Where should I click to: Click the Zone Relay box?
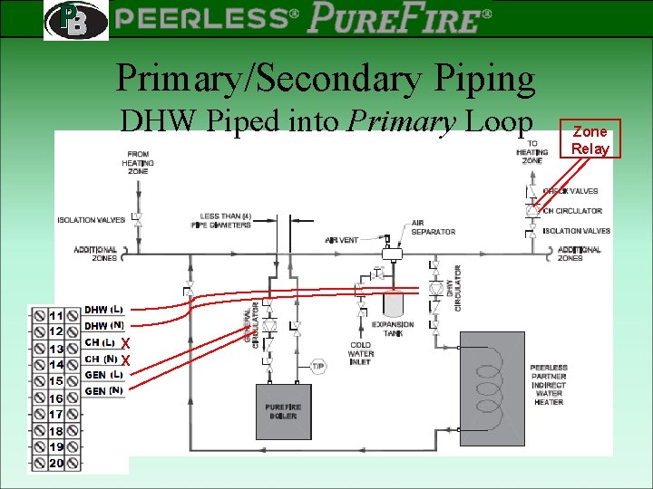590,139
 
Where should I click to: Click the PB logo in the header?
74,19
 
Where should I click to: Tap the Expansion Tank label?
393,329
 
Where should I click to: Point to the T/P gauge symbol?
318,366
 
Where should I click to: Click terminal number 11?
55,315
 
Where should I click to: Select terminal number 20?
55,464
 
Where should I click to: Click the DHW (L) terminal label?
104,310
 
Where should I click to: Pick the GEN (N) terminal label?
104,390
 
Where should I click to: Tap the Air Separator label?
433,227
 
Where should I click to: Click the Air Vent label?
342,240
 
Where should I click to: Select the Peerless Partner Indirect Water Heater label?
548,385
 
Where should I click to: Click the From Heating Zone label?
138,162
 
